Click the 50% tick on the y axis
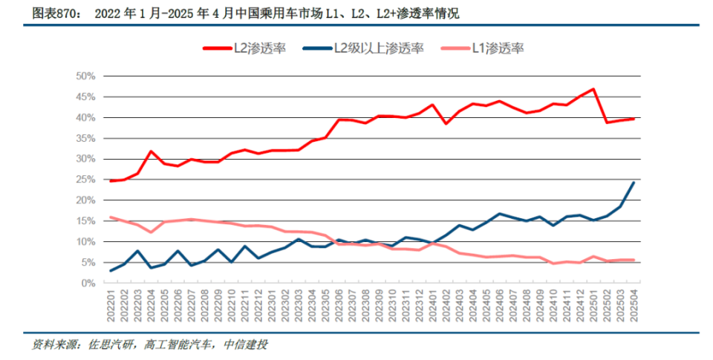click(x=85, y=76)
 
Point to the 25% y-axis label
click(x=85, y=180)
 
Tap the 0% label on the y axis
click(x=88, y=283)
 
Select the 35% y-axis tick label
click(x=85, y=138)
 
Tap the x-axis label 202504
click(x=633, y=306)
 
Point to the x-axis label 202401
click(x=432, y=306)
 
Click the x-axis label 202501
click(x=593, y=306)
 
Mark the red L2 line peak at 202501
click(x=593, y=89)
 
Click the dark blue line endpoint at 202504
click(x=633, y=183)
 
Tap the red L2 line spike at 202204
click(x=152, y=151)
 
